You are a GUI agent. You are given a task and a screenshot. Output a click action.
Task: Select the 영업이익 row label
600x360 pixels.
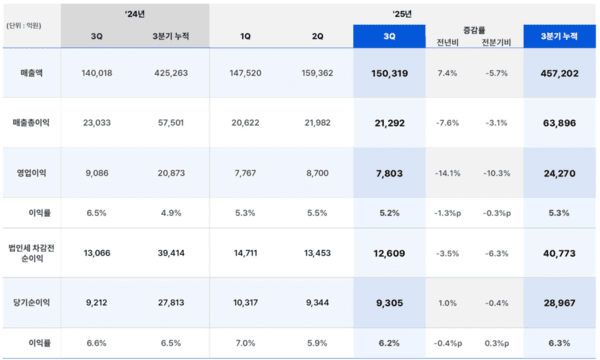[x=30, y=173]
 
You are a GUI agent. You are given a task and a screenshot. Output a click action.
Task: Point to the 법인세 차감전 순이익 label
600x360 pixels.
[x=31, y=247]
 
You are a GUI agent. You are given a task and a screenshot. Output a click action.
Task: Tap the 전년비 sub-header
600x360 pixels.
[x=448, y=43]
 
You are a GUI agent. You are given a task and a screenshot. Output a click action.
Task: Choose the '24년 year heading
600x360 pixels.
[x=135, y=14]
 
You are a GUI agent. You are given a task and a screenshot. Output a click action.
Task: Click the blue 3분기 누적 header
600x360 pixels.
[x=560, y=36]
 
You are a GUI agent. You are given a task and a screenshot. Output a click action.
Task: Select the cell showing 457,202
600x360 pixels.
[x=560, y=74]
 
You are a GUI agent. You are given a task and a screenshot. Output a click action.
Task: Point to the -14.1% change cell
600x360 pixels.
[x=447, y=173]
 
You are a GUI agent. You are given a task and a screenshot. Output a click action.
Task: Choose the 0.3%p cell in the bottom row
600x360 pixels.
[x=497, y=342]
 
